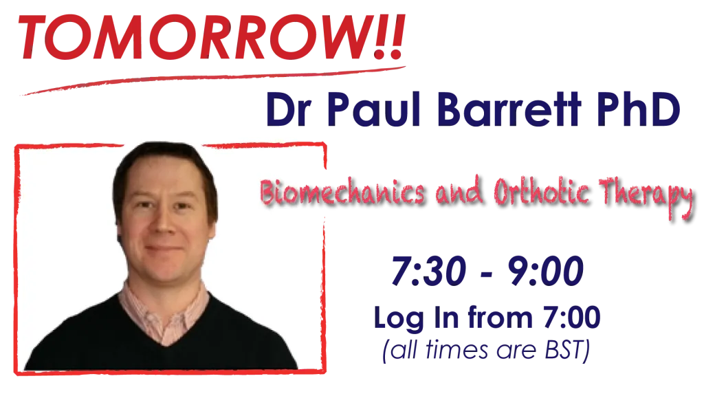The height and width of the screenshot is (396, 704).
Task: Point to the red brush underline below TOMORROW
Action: pos(213,81)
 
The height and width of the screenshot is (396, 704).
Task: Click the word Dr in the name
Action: pos(288,109)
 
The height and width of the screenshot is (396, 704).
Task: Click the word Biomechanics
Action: pos(342,192)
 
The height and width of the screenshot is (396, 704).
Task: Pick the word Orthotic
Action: pos(542,191)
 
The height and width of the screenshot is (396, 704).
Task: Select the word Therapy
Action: pos(646,195)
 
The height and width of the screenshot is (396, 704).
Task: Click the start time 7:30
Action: pos(428,271)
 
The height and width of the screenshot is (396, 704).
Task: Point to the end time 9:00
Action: pos(545,271)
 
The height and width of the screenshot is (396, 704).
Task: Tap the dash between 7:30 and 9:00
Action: pos(487,274)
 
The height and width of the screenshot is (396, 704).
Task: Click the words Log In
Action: pos(416,318)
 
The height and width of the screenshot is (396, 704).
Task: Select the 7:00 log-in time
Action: pos(571,317)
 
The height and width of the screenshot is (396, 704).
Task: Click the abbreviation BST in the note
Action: pos(566,350)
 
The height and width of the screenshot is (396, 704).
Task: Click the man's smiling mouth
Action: pos(164,248)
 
